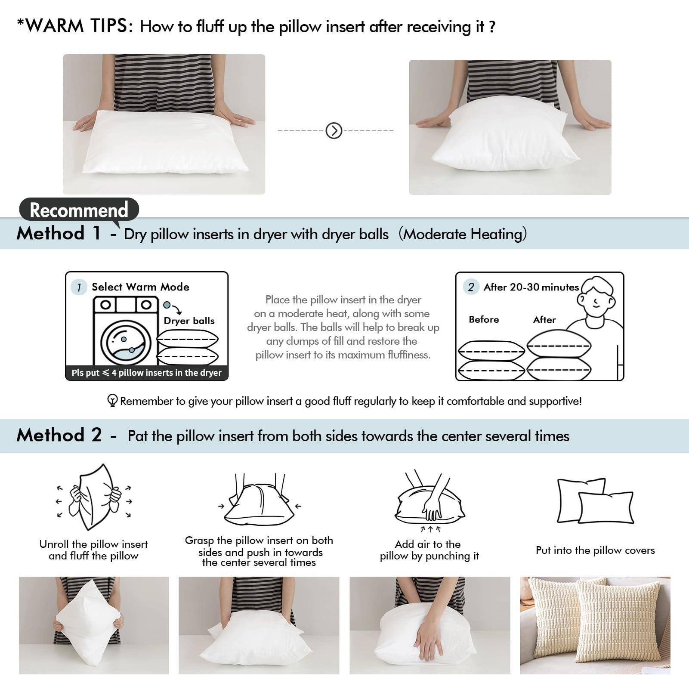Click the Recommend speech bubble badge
point(79,210)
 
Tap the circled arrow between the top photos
point(334,130)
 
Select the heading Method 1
point(59,234)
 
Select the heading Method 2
point(59,435)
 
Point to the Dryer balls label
point(189,321)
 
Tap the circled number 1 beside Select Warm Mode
point(79,287)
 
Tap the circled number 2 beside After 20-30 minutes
point(471,287)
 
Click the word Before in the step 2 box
point(484,319)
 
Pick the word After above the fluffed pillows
point(544,319)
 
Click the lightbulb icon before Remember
point(112,401)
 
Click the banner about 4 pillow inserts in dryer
point(147,373)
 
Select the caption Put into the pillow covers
point(595,550)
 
